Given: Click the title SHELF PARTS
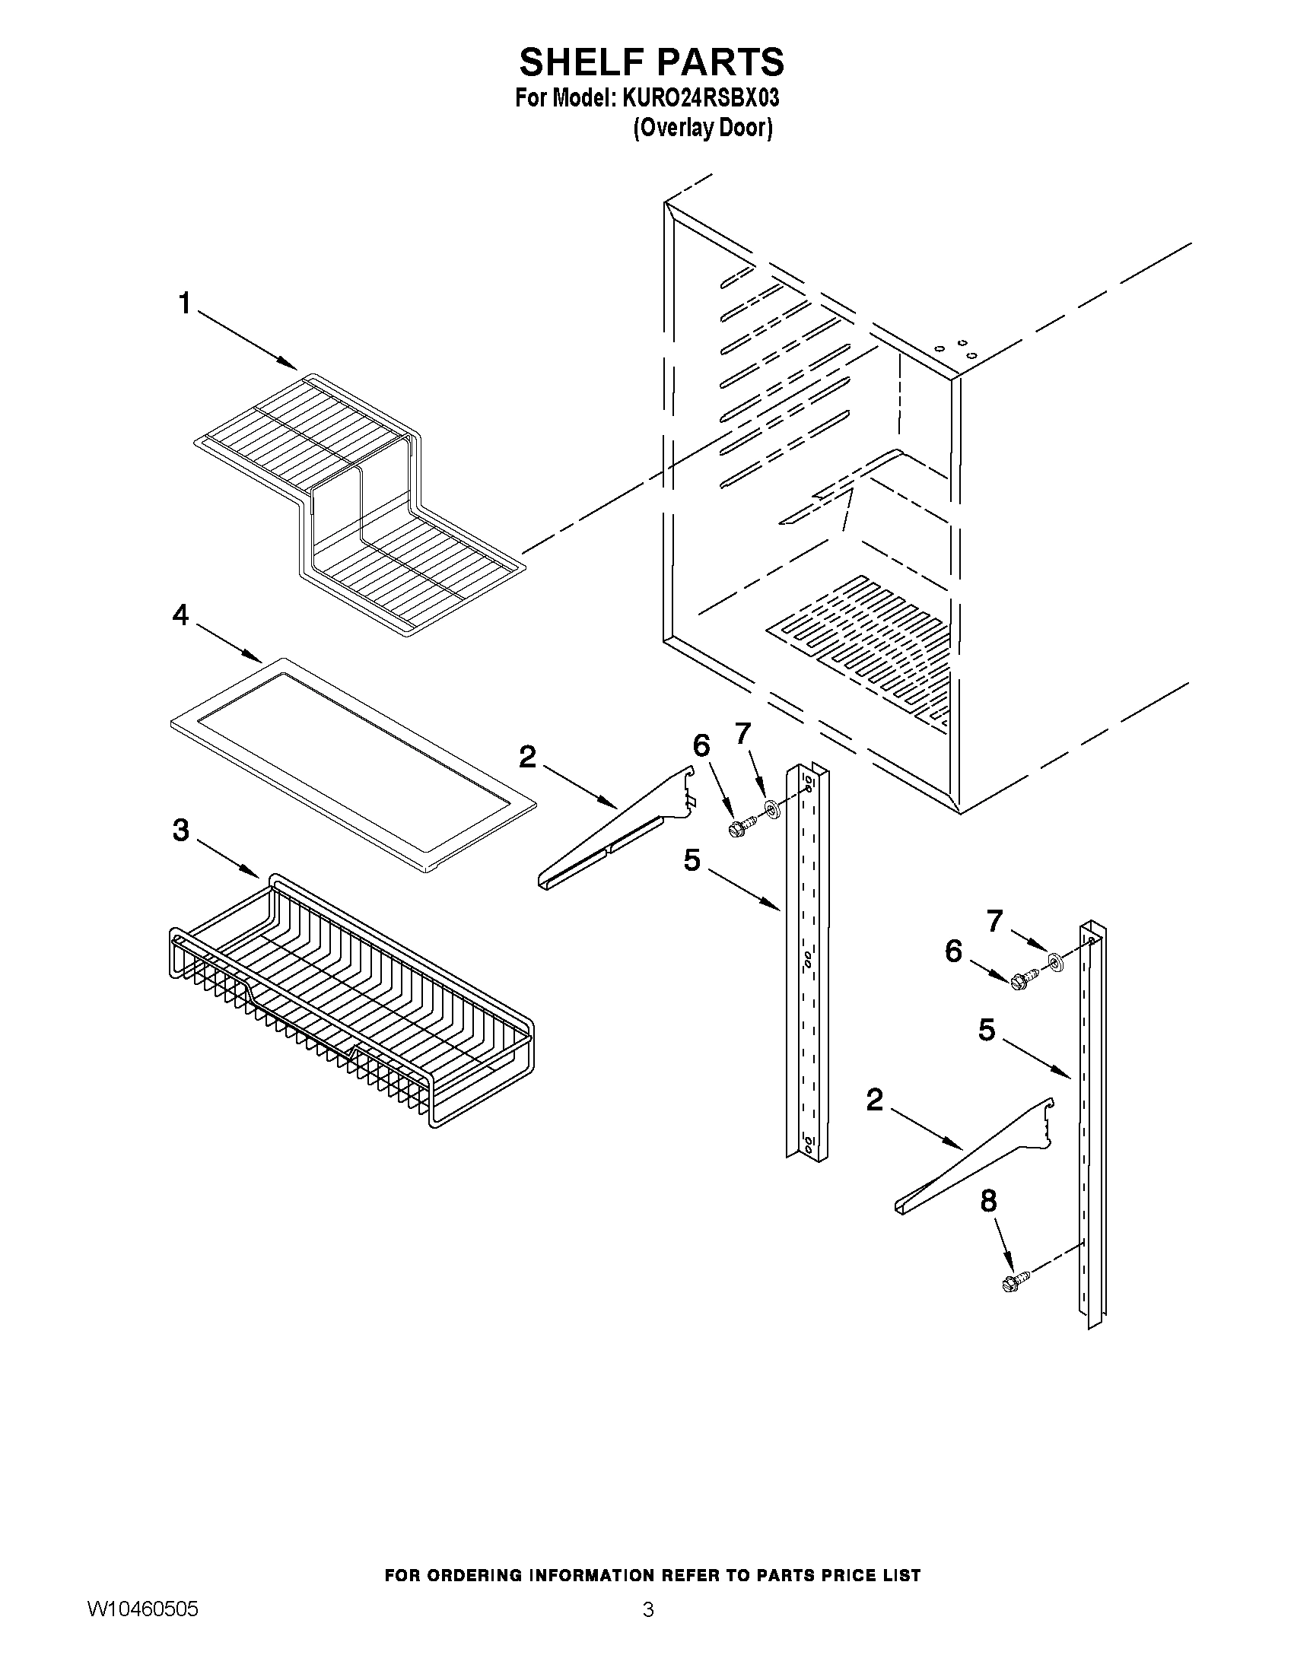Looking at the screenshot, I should pyautogui.click(x=651, y=62).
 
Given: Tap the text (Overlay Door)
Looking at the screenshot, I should pyautogui.click(x=702, y=127).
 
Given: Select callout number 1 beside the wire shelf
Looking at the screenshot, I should pyautogui.click(x=184, y=304).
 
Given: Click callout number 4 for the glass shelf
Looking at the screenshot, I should pyautogui.click(x=180, y=614).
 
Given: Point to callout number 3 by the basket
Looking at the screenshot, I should pyautogui.click(x=180, y=829).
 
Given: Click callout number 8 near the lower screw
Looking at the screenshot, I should pyautogui.click(x=988, y=1200).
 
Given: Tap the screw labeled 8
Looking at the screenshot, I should pyautogui.click(x=1013, y=1281).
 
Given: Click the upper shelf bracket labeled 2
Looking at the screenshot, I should pyautogui.click(x=613, y=831).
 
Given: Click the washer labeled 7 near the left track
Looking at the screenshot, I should pyautogui.click(x=771, y=807).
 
